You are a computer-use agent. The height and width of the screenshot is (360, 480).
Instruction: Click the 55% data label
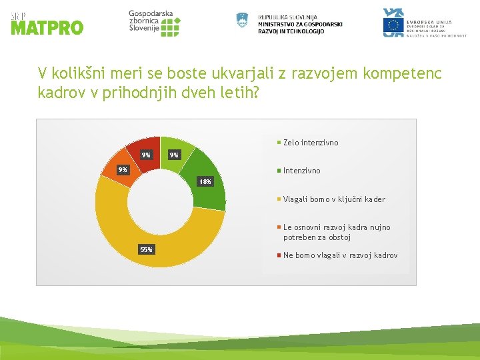[146, 249]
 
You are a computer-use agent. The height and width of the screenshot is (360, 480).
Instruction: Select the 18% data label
[205, 182]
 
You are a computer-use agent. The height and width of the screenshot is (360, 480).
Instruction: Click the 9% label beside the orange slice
[122, 169]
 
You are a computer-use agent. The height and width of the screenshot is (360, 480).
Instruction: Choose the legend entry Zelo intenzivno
[310, 143]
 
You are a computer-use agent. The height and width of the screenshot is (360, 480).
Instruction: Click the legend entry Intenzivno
[301, 171]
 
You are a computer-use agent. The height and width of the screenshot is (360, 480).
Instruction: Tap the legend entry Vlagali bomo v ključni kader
[333, 199]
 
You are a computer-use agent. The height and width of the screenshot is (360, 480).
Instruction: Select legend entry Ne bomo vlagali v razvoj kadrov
[339, 255]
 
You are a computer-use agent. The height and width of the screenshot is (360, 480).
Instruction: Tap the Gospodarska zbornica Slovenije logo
[154, 23]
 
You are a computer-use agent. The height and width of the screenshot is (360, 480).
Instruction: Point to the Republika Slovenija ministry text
[299, 24]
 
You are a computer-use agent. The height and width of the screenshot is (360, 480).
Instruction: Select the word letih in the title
[238, 93]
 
